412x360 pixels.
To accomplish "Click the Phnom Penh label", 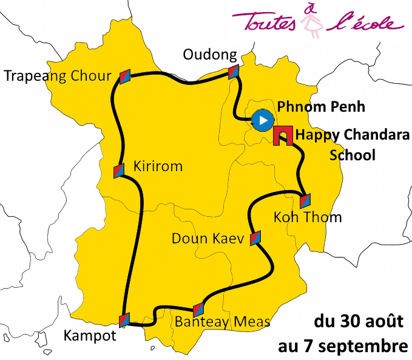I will (321, 107).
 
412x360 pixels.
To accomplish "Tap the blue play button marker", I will (262, 120).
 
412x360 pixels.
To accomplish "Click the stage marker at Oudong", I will (234, 72).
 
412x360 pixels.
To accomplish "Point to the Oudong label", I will (210, 55).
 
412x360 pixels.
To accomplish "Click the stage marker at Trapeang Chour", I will (124, 75).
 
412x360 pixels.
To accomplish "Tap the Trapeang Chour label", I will (58, 76).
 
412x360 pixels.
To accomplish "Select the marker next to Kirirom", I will (119, 171).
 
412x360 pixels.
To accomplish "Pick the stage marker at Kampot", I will (124, 319).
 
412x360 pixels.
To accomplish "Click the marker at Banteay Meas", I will (198, 309).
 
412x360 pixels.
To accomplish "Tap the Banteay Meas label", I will (222, 321).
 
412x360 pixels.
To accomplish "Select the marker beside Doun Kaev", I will (255, 237).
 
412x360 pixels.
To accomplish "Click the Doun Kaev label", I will (208, 239).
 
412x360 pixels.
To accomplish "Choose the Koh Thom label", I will (308, 217).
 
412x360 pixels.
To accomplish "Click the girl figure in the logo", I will (314, 21).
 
